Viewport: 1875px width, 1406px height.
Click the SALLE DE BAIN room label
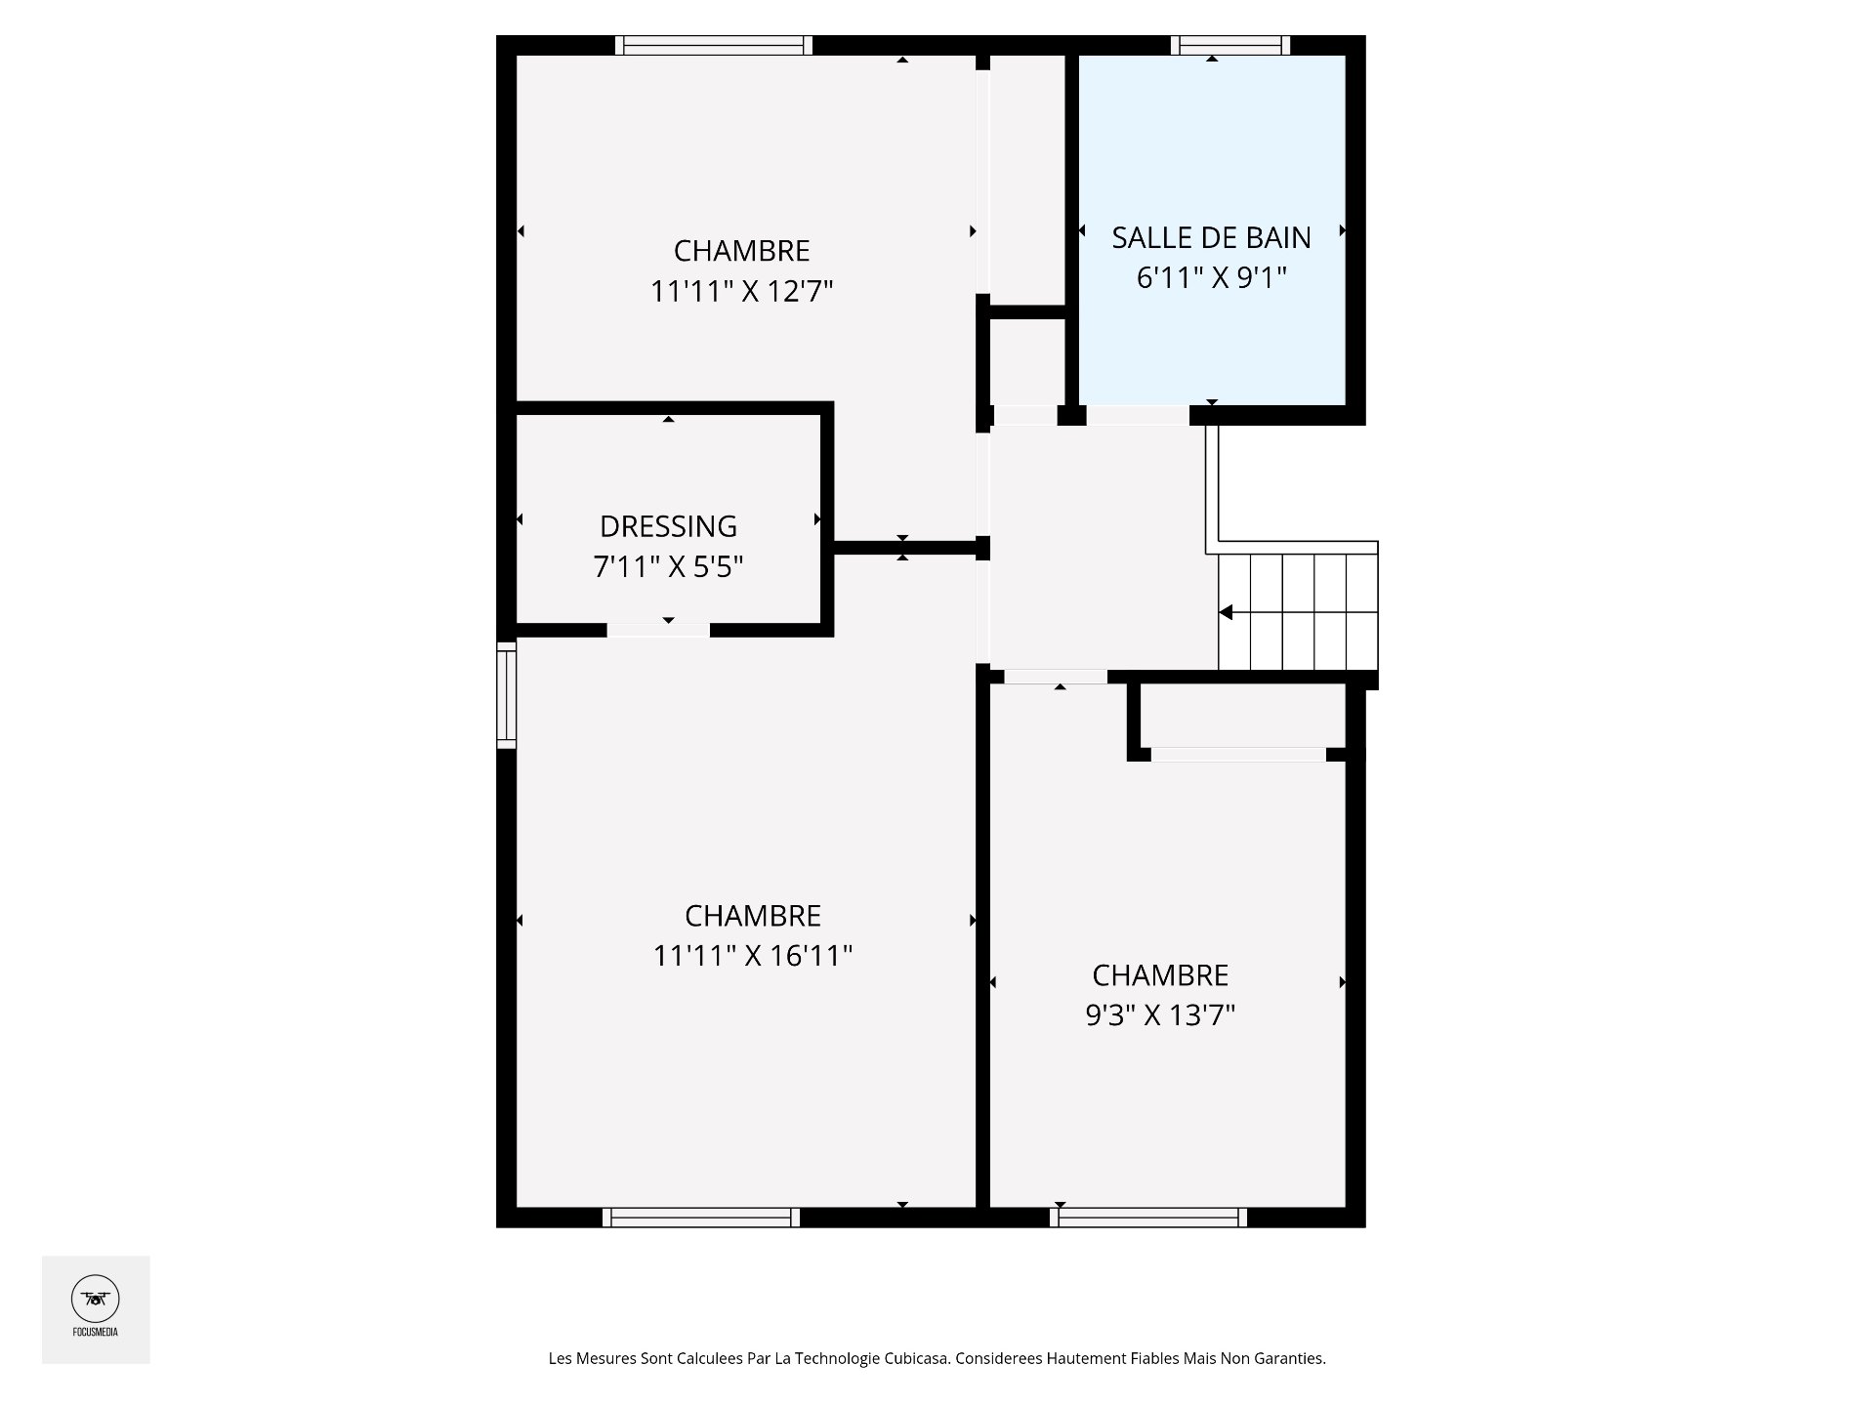tap(1211, 237)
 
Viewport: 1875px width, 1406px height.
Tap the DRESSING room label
tap(668, 526)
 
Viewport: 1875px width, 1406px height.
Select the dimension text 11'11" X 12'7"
tap(742, 291)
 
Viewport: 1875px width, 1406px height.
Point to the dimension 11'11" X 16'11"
tap(753, 955)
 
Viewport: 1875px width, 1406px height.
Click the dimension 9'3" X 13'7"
tap(1160, 1015)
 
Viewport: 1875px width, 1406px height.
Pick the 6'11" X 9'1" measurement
tap(1211, 278)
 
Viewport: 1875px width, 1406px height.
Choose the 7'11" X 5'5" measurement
tap(668, 566)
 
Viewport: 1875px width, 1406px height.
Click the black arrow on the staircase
tap(1226, 612)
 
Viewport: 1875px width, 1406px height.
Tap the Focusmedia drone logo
tap(96, 1300)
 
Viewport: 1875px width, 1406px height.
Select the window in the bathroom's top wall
tap(1230, 45)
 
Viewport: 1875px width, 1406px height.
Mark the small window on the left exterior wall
tap(506, 694)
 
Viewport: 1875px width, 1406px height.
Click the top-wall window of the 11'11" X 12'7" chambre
tap(714, 45)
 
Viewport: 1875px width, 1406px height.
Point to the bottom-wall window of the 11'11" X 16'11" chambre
tap(700, 1218)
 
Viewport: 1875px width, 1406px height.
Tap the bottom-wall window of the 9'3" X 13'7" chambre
tap(1148, 1218)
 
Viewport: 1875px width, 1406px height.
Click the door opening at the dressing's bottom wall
tap(658, 631)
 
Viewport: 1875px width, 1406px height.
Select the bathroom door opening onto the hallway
tap(1138, 415)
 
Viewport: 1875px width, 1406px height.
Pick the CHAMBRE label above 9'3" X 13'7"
tap(1160, 975)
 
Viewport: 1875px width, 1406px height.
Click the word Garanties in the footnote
tap(1293, 1358)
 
